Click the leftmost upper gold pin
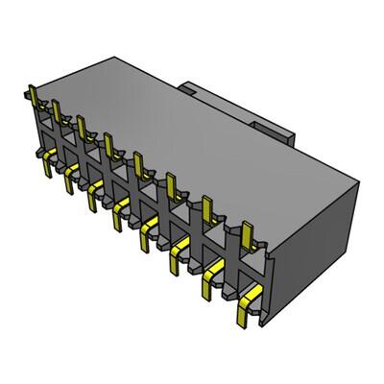click(35, 97)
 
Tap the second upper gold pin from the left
click(58, 111)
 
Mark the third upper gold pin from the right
click(174, 183)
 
